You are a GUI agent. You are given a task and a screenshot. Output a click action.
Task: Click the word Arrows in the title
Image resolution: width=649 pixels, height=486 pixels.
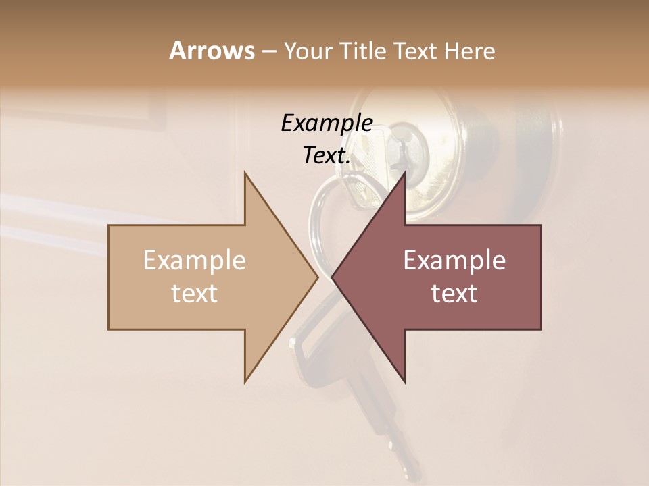212,51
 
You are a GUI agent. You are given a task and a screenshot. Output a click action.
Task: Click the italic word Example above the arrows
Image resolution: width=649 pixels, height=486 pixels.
327,124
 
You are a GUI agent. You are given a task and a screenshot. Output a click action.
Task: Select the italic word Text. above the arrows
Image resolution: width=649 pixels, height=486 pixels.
327,156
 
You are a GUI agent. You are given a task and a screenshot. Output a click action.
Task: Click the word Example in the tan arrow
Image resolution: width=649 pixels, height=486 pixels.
195,261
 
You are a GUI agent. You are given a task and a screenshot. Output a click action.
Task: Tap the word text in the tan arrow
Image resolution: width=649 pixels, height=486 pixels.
195,294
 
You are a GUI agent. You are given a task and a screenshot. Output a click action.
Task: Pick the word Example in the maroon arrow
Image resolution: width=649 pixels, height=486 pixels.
454,261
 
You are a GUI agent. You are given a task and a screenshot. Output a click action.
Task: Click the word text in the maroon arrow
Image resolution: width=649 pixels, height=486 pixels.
454,294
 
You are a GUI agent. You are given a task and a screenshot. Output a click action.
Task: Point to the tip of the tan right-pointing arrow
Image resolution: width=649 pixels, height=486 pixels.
318,277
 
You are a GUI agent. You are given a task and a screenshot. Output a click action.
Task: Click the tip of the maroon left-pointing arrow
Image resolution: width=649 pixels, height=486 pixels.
332,277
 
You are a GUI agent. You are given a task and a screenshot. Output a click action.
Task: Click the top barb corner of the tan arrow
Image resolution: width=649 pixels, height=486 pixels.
245,173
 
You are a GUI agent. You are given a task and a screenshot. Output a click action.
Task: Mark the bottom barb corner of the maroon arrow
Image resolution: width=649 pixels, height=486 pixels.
405,382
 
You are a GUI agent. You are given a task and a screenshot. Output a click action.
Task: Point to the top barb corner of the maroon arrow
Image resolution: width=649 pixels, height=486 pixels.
405,173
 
